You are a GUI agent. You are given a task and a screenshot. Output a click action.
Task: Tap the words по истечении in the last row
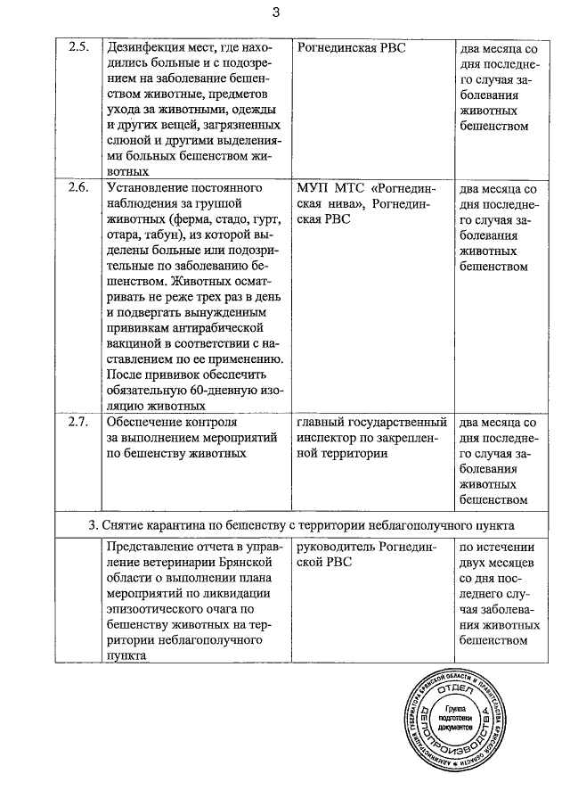click(x=496, y=547)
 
